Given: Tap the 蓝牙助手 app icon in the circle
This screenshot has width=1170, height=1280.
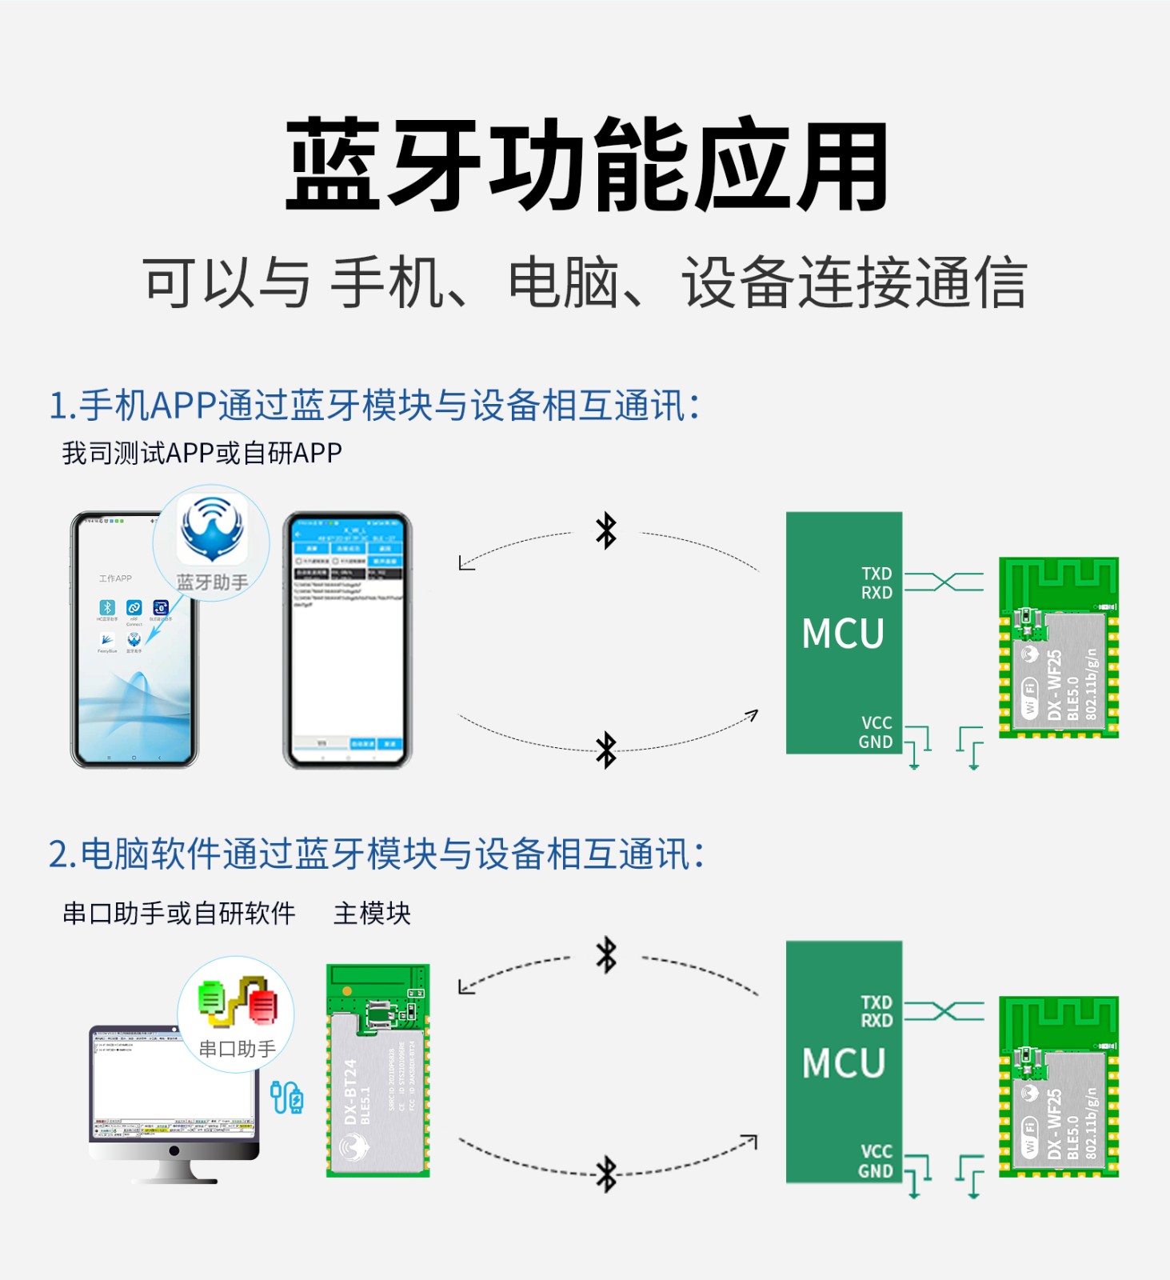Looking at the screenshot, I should pos(211,530).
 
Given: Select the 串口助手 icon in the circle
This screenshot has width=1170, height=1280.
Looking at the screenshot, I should pos(238,1001).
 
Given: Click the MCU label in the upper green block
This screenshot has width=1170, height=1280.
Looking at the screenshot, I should pos(843,634).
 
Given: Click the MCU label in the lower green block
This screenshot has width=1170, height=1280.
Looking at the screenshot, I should pos(843,1063).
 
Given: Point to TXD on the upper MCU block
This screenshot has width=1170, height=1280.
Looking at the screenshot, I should pos(876,574).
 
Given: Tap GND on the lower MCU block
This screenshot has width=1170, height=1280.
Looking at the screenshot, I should pos(875,1171).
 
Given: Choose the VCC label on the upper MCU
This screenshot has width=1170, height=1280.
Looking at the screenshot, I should pos(877,722).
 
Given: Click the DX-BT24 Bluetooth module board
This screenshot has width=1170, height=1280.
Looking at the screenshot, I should pos(377,1070).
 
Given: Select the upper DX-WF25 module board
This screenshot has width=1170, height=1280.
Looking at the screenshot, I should pos(1058,648).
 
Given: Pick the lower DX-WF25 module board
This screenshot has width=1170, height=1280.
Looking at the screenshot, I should pos(1058,1086).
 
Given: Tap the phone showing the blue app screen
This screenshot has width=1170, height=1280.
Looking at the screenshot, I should pos(348,640).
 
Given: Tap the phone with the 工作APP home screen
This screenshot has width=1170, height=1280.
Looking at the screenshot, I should pos(134,640).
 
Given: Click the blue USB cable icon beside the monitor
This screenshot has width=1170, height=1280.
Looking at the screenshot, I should pos(287,1097).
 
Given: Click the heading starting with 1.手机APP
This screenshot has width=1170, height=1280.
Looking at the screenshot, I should pos(374,405).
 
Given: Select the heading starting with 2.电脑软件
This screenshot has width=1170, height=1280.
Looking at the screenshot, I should pos(377,854).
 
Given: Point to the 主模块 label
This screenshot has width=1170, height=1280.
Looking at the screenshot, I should pos(372,913).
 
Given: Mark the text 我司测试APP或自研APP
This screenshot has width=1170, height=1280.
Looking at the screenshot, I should pos(202,453).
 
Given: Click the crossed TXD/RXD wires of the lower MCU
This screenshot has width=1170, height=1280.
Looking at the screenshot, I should pos(944,1011).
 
